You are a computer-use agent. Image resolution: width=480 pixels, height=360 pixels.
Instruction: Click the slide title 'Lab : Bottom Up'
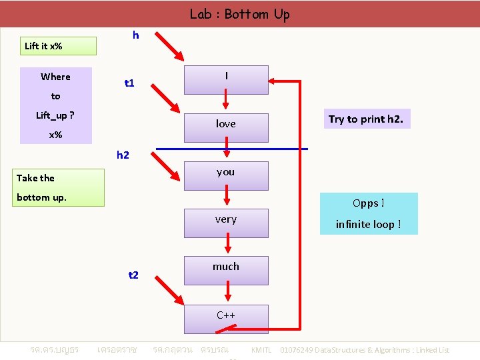(239, 14)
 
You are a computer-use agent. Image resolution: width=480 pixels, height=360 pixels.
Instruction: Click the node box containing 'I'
(226, 80)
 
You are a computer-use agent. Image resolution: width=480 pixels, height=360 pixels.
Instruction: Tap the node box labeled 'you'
(226, 175)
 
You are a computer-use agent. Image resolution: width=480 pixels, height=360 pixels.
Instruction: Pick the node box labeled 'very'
(226, 223)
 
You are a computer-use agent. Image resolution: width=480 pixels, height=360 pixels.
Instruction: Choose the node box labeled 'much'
(226, 270)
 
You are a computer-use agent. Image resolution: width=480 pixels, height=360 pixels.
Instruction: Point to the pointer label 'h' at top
(136, 35)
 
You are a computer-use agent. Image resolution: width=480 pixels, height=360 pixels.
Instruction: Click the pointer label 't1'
(130, 83)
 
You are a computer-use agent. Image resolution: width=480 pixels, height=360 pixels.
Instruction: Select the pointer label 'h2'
(123, 155)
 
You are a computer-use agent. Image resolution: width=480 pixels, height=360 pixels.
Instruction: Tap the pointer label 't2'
(133, 275)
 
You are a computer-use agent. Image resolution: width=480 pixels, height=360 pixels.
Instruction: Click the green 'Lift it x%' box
(58, 46)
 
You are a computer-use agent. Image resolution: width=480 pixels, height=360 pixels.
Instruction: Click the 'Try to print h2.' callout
(366, 119)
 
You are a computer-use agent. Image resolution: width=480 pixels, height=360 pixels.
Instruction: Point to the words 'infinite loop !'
(369, 225)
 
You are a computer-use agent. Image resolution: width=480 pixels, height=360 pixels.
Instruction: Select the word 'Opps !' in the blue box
(369, 203)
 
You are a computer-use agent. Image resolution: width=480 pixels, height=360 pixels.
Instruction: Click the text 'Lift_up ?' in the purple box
(55, 115)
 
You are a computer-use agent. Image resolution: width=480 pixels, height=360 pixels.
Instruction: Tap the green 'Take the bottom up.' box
(60, 187)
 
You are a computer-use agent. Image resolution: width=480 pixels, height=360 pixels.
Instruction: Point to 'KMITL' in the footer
(261, 350)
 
